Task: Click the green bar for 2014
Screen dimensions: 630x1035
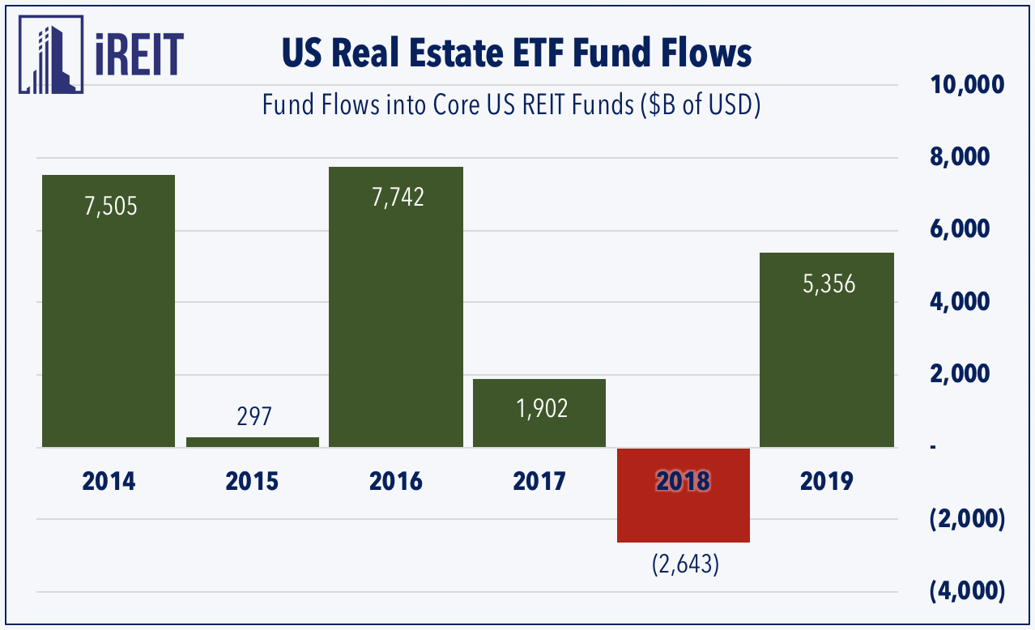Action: pos(108,324)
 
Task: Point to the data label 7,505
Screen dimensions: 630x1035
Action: pos(111,206)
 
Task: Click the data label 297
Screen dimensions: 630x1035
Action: pos(253,417)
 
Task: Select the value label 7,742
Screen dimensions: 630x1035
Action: pos(397,198)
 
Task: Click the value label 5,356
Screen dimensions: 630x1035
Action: pos(828,284)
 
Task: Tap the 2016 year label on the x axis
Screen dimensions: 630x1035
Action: pos(395,482)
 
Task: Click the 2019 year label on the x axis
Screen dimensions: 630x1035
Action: pos(826,482)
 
